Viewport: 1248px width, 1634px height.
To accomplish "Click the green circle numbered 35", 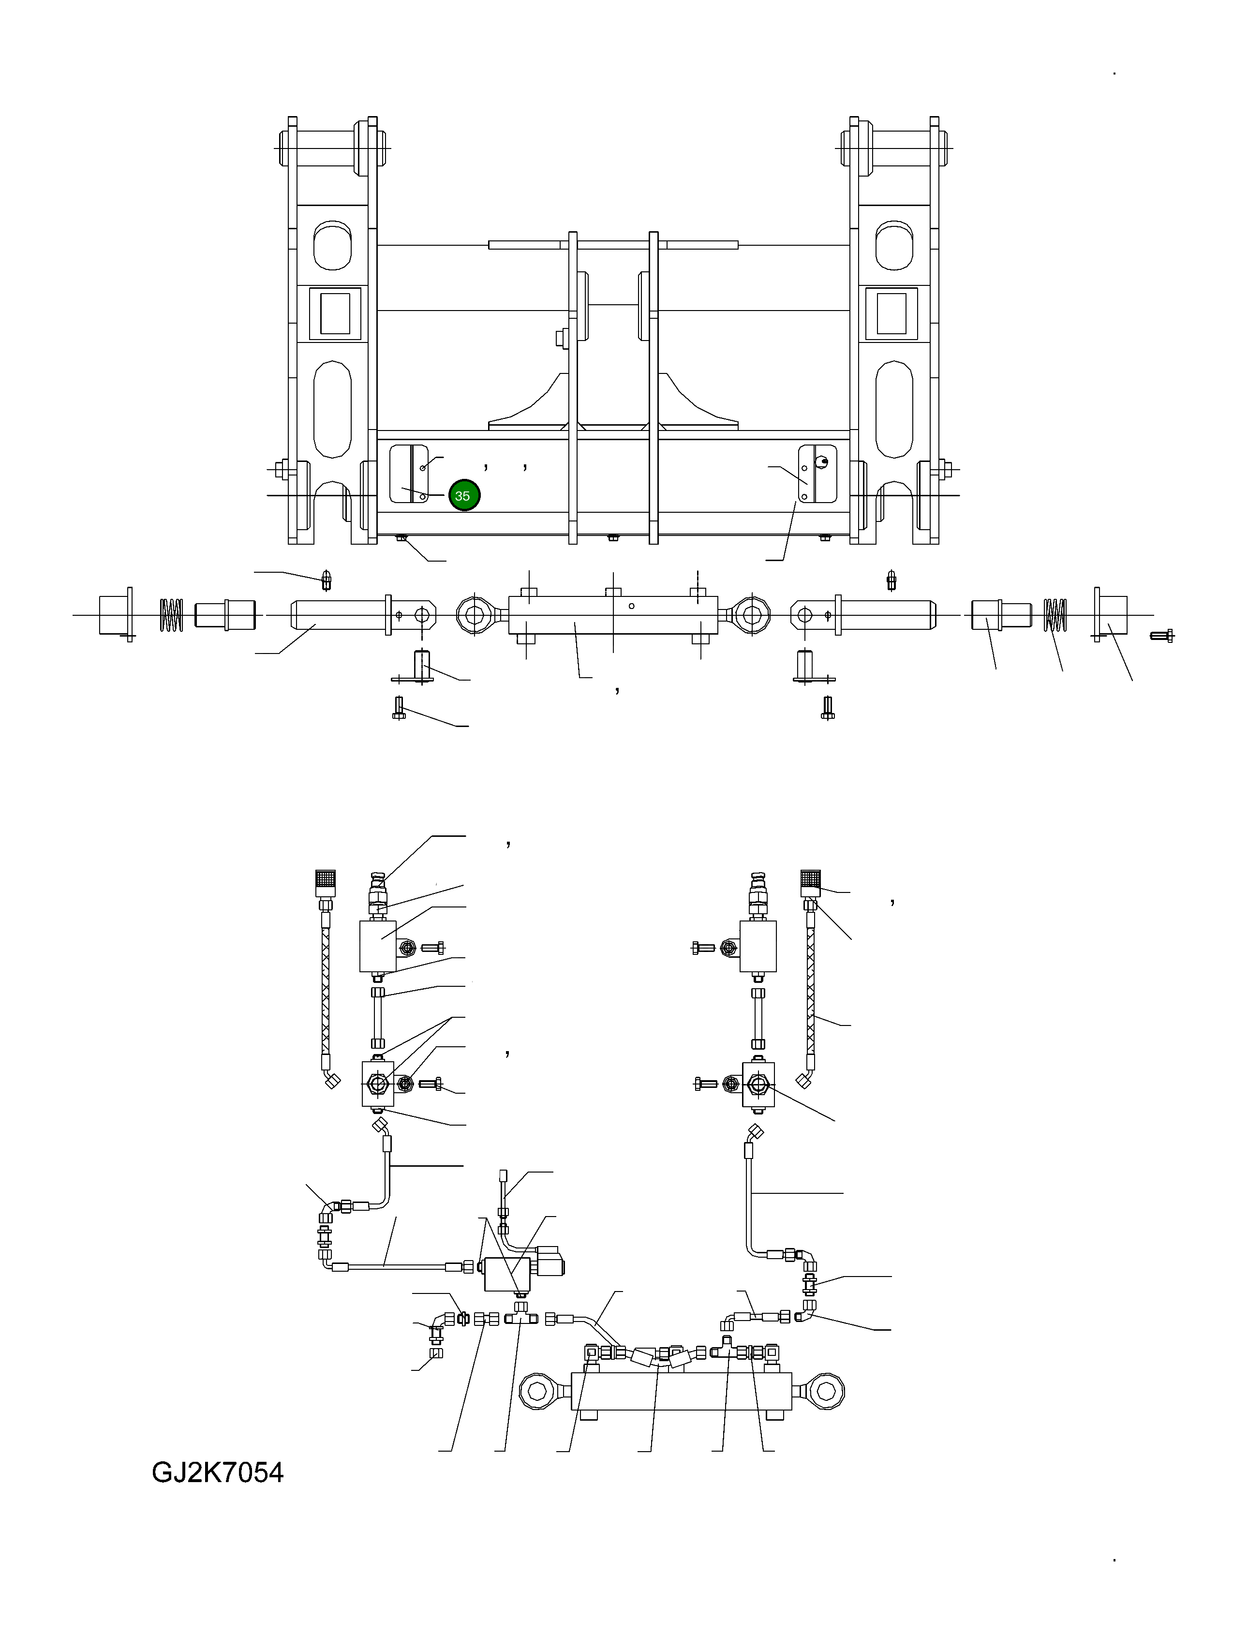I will pyautogui.click(x=463, y=495).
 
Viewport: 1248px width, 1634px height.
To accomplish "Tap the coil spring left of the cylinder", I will pyautogui.click(x=172, y=615).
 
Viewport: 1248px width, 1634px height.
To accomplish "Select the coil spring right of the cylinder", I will pyautogui.click(x=1055, y=615).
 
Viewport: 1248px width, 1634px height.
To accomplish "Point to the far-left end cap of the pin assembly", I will pyautogui.click(x=115, y=615).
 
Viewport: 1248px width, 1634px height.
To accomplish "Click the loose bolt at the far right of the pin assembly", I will pyautogui.click(x=1161, y=635).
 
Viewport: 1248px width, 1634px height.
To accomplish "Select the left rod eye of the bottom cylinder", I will pyautogui.click(x=537, y=1390).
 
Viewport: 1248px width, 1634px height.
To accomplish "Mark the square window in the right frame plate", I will pyautogui.click(x=891, y=313).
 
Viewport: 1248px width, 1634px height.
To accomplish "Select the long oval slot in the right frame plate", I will pyautogui.click(x=893, y=409).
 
